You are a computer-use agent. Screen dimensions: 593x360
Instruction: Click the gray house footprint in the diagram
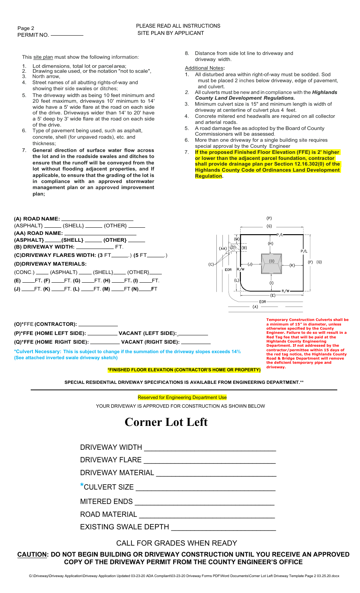click(x=272, y=264)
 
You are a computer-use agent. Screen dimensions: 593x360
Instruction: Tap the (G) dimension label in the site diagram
click(x=269, y=226)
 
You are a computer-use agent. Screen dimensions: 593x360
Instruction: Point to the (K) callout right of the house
click(x=292, y=265)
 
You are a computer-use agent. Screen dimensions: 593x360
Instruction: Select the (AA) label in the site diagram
click(x=223, y=249)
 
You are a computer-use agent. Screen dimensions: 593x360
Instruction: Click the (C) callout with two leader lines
click(x=211, y=264)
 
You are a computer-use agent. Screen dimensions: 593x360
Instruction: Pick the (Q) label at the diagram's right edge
click(x=319, y=262)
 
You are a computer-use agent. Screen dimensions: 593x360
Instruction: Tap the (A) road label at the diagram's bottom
click(x=255, y=307)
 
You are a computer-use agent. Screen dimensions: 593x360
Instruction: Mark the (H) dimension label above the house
click(x=271, y=244)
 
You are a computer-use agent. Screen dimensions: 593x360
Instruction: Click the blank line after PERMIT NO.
click(x=67, y=35)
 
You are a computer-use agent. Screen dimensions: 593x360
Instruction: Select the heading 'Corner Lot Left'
click(x=166, y=422)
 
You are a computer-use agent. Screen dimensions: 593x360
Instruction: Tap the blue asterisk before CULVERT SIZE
click(x=82, y=486)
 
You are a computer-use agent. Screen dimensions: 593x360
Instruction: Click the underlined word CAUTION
click(x=32, y=554)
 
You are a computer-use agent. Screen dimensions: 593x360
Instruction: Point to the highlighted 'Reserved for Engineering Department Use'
click(x=182, y=397)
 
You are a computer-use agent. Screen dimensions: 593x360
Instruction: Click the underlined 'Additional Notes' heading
click(x=204, y=68)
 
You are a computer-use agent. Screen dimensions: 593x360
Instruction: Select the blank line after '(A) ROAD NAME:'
click(x=97, y=219)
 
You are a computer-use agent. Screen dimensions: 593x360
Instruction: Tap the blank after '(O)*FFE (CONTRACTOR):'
click(x=98, y=325)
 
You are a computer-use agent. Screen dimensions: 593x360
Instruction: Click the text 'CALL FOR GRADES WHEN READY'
click(x=177, y=543)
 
